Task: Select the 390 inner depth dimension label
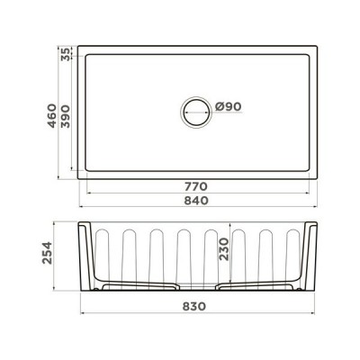pos(63,113)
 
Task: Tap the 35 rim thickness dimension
pos(63,53)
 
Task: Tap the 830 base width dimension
pos(195,306)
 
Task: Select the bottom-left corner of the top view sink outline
pos(76,177)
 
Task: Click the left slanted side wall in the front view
pos(84,256)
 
